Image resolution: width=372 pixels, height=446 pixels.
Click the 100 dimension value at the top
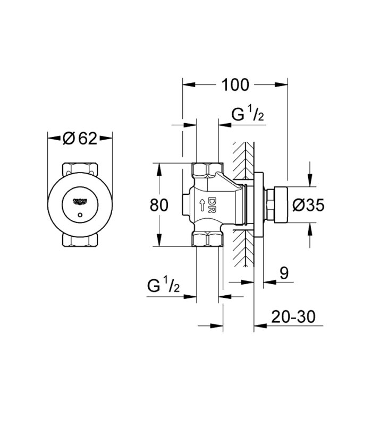pyautogui.click(x=235, y=84)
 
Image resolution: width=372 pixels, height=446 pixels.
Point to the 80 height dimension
pyautogui.click(x=159, y=204)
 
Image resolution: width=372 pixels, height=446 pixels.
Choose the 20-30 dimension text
pyautogui.click(x=293, y=316)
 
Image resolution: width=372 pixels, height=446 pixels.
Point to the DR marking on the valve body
pyautogui.click(x=212, y=204)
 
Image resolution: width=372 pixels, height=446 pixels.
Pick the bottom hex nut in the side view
pyautogui.click(x=207, y=239)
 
